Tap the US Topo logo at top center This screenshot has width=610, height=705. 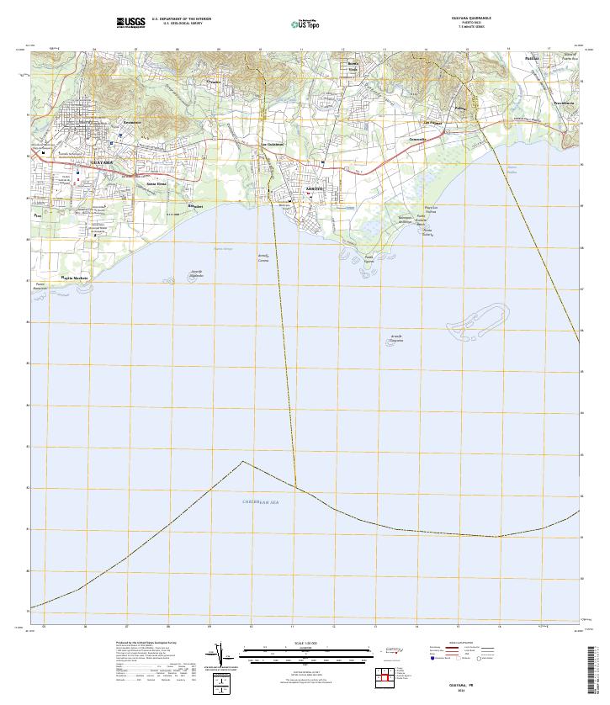(305, 24)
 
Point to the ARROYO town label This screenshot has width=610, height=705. (290, 188)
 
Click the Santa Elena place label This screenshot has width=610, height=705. (156, 183)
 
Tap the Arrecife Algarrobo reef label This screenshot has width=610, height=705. (196, 273)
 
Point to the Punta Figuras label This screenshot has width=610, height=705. (368, 258)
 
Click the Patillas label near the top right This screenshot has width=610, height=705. (532, 58)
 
